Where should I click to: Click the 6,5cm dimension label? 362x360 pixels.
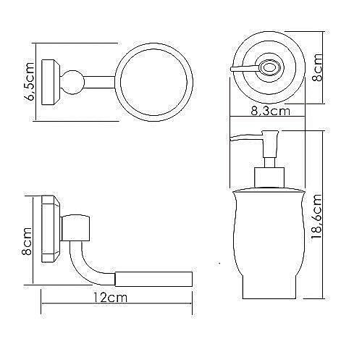point(31,81)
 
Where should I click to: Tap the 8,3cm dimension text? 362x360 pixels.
point(270,111)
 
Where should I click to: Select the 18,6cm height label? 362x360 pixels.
point(316,217)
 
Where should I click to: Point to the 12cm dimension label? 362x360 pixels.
point(110,298)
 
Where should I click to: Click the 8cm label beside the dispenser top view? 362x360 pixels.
point(317,67)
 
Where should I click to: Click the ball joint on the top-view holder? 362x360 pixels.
point(72,82)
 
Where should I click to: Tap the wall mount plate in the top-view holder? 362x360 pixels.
point(50,82)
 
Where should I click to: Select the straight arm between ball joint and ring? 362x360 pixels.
point(99,83)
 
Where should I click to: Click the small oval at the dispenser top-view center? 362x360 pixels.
point(269,67)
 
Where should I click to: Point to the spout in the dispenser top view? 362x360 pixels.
point(245,69)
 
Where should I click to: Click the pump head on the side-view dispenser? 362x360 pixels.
point(271,144)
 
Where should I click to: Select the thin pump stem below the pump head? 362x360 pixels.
point(270,162)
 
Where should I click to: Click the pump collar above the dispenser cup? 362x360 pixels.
point(270,177)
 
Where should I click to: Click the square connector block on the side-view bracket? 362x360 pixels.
point(75,227)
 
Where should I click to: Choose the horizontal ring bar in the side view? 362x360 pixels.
point(153,279)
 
